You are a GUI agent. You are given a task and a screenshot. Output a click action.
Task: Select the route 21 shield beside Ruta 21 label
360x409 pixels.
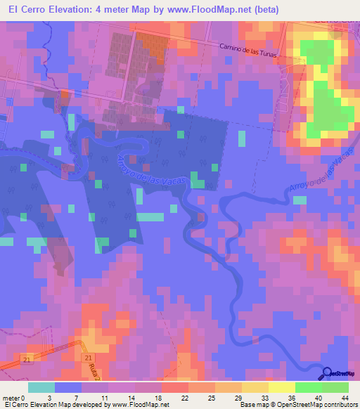click(x=86, y=358)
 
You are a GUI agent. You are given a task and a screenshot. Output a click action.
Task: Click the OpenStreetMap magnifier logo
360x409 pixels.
click(x=328, y=373)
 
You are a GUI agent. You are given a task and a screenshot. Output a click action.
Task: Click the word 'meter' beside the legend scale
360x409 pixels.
click(x=11, y=398)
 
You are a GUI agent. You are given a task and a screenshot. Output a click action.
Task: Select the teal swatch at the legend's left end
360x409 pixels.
click(x=41, y=387)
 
